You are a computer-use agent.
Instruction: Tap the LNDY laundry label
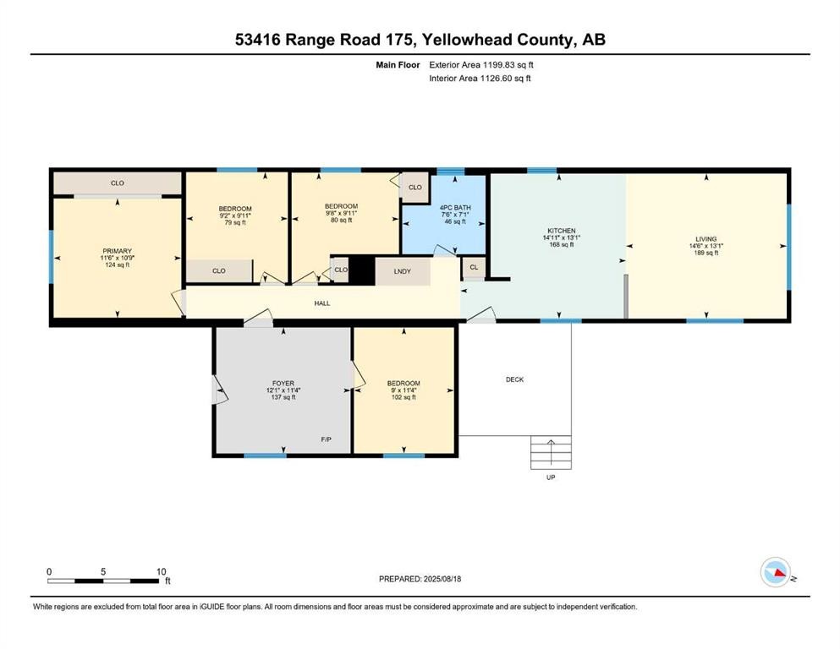point(402,271)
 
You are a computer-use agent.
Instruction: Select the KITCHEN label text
point(561,231)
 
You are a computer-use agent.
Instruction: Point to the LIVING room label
point(705,239)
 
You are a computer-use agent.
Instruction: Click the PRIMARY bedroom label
point(117,251)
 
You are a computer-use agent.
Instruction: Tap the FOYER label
point(283,383)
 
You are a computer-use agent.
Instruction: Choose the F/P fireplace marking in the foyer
point(326,440)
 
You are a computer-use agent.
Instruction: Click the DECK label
point(514,379)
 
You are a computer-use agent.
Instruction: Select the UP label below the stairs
point(550,477)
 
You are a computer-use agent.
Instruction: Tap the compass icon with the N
point(775,573)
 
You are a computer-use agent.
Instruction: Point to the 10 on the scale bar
point(161,571)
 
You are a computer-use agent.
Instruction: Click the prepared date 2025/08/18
point(442,579)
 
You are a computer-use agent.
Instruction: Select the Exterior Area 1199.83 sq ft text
point(481,64)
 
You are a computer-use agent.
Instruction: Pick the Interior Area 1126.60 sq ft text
point(480,79)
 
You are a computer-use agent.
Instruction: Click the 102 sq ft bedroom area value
point(404,397)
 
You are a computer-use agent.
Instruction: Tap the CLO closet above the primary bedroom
point(118,183)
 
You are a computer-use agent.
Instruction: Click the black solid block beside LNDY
point(362,271)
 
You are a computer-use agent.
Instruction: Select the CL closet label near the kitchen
point(473,268)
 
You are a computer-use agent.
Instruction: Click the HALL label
point(322,302)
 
